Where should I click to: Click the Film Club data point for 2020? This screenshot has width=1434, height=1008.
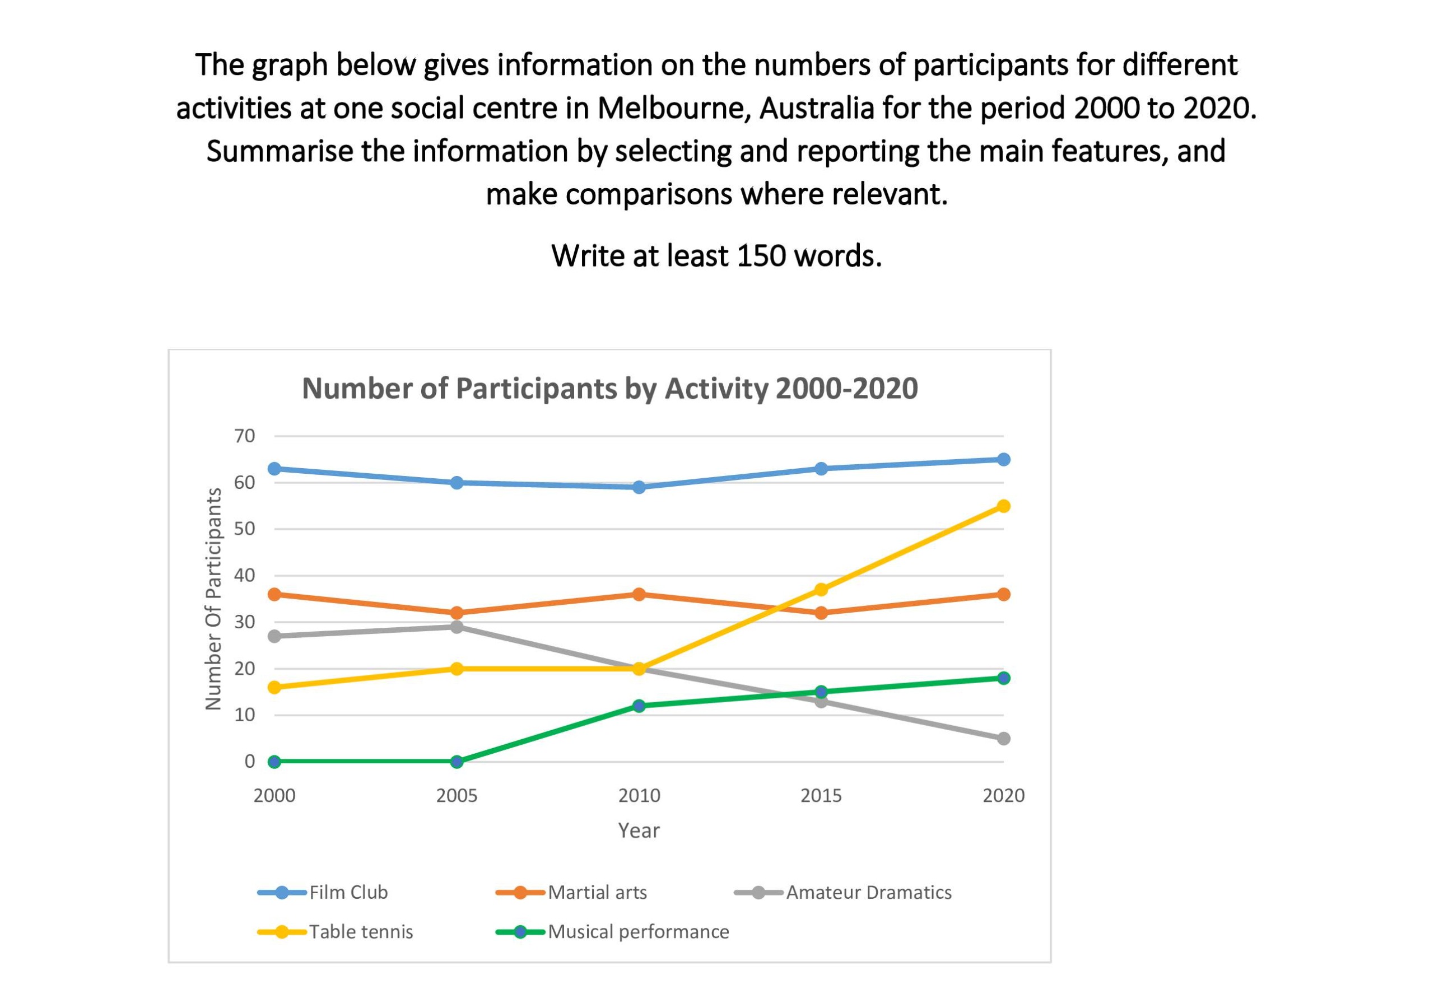point(1003,460)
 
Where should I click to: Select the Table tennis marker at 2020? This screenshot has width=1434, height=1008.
point(1003,506)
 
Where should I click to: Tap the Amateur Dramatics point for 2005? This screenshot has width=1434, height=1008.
point(457,627)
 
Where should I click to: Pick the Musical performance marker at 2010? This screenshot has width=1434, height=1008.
point(639,706)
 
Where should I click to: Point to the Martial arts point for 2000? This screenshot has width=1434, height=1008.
point(274,594)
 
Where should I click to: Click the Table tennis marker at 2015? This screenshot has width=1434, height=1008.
point(821,590)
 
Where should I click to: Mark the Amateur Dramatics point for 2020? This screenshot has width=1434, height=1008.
point(1003,739)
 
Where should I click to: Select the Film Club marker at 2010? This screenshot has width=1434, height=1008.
point(639,487)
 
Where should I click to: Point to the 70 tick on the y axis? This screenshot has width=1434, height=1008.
point(245,436)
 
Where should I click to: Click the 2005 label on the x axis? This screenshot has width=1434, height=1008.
point(457,796)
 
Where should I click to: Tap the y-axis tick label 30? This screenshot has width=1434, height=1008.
point(245,622)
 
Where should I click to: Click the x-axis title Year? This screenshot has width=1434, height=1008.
point(639,830)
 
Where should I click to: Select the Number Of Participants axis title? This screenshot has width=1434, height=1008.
point(213,599)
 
